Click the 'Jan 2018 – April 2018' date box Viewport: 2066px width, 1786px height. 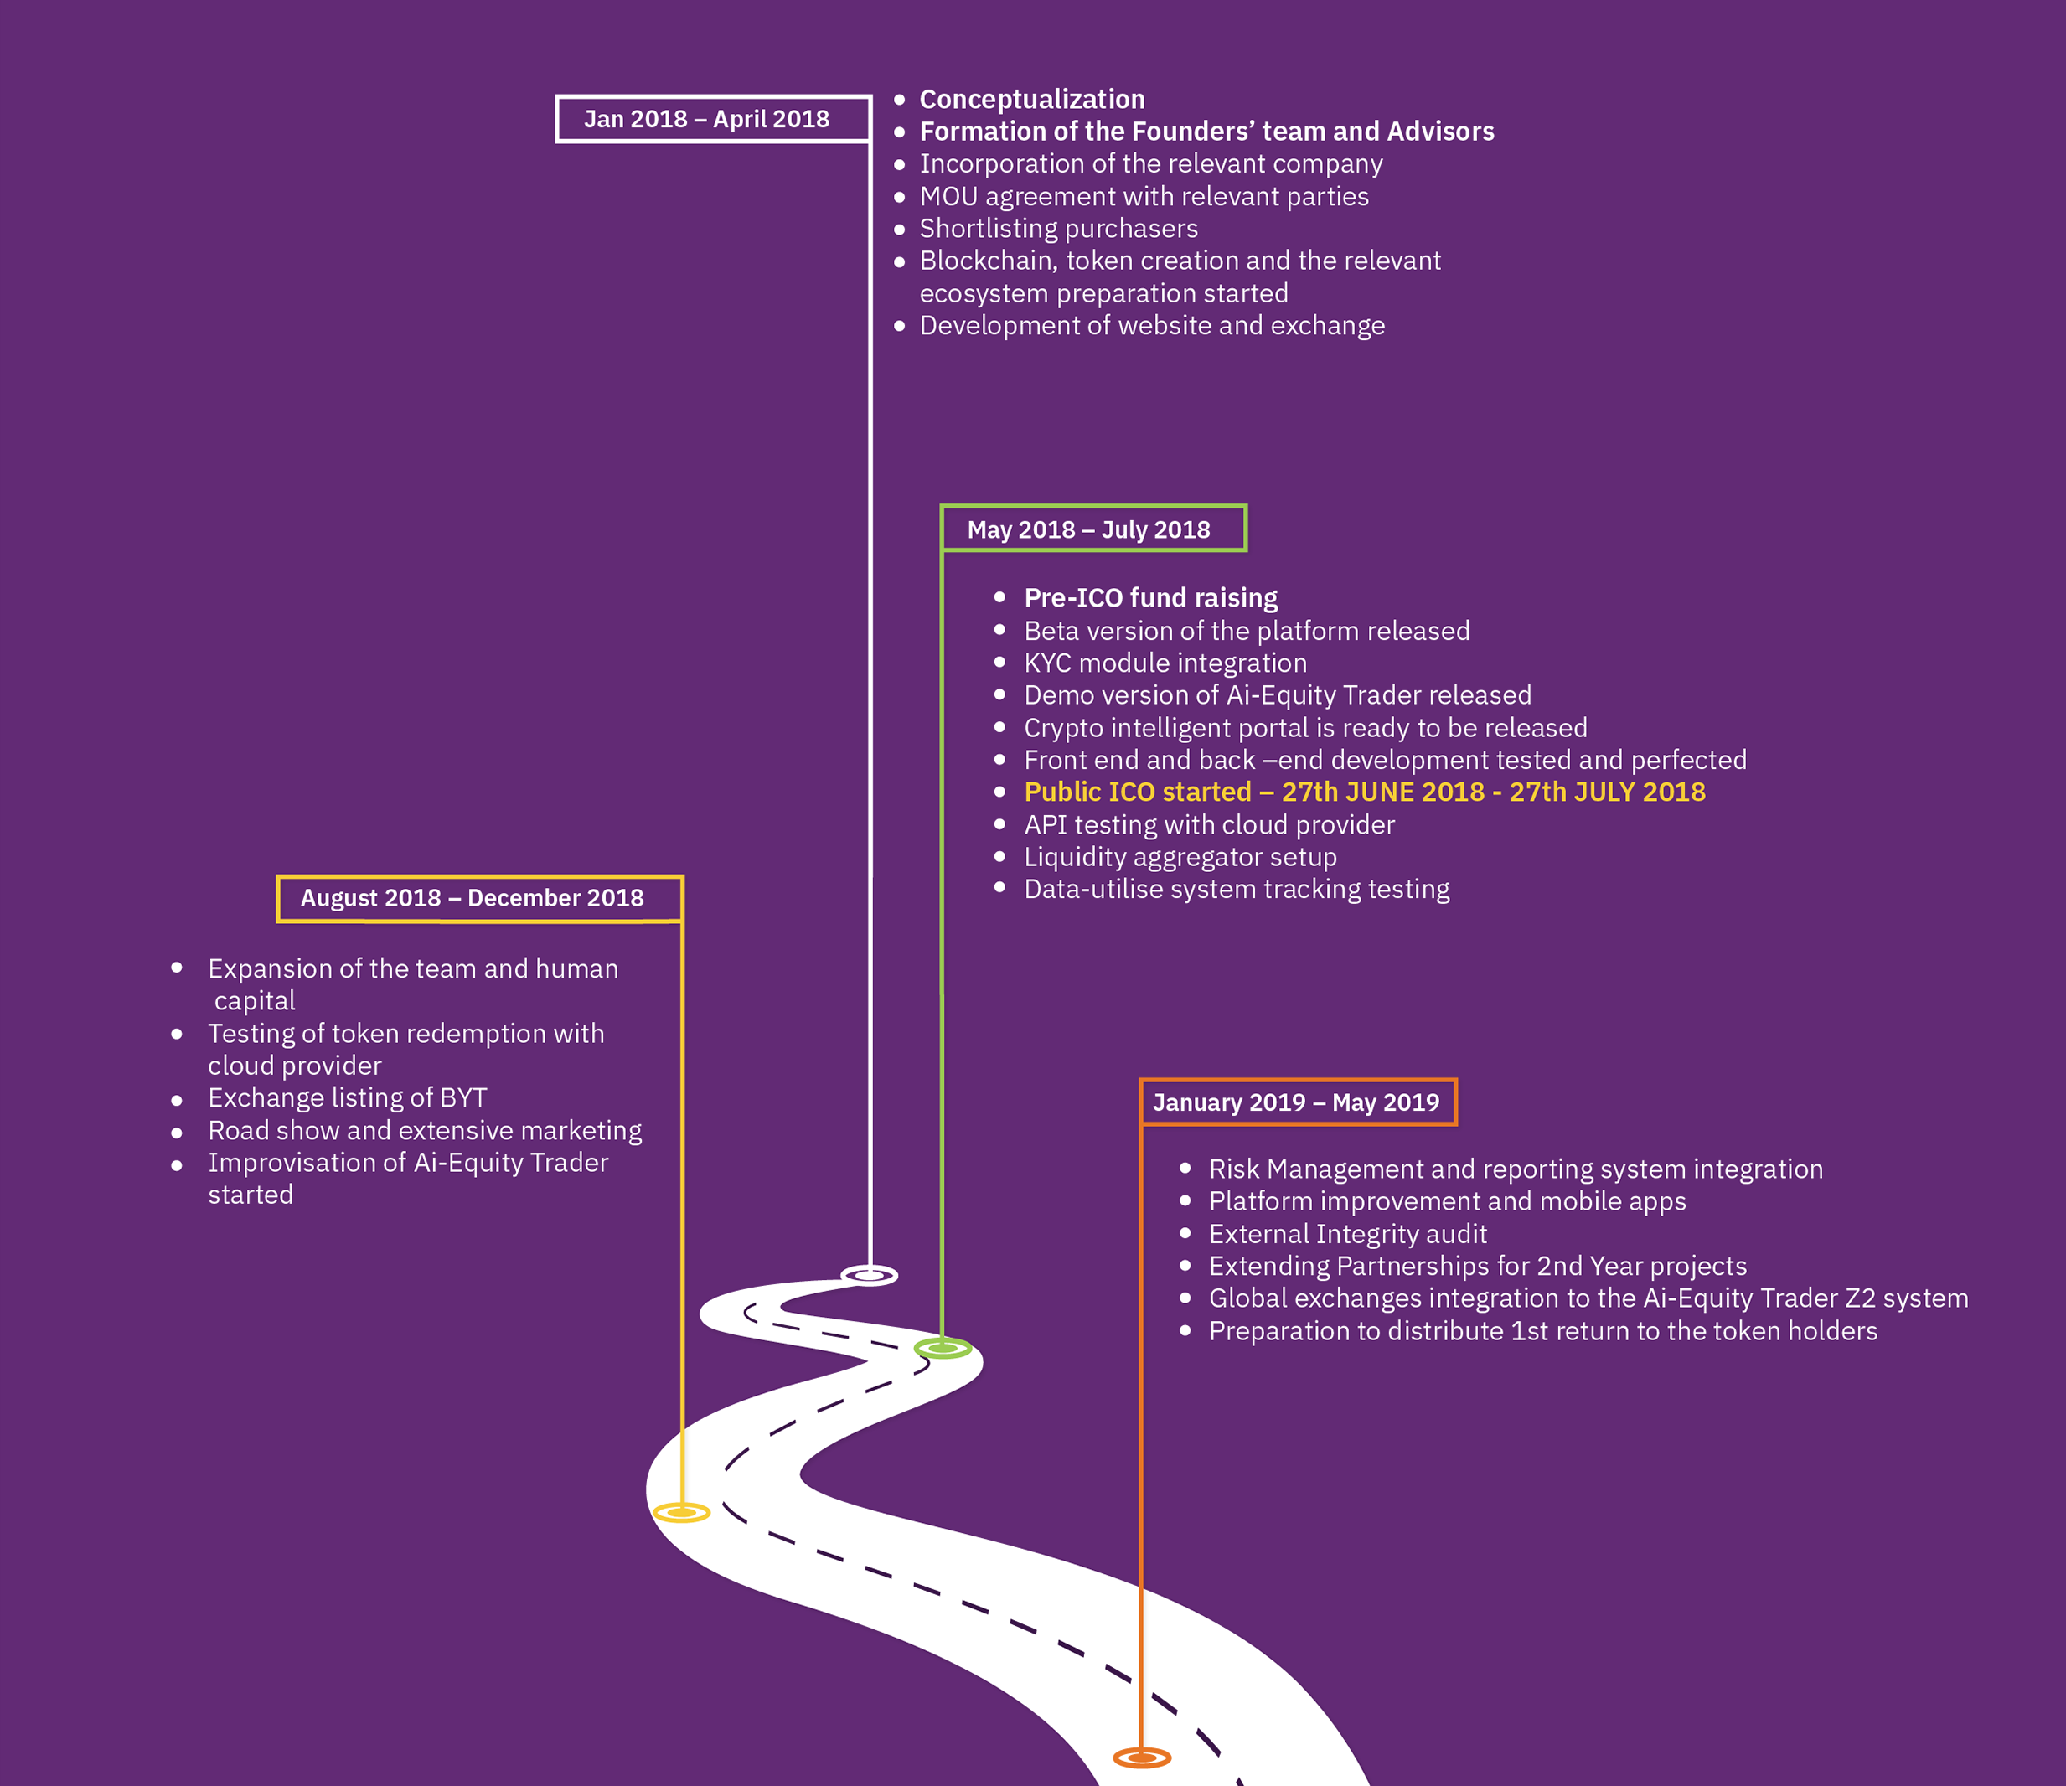tap(712, 120)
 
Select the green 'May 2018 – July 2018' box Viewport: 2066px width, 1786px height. tap(1092, 529)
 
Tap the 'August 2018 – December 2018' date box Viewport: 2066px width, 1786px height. tap(478, 899)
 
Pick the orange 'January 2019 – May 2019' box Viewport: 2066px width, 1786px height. tap(1297, 1102)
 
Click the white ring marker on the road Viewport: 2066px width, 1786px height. tap(870, 1274)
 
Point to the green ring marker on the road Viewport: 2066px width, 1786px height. tap(943, 1348)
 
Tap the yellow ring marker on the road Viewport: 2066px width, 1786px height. tap(682, 1513)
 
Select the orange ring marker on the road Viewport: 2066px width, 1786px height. tap(1142, 1757)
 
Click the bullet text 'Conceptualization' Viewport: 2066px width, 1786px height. tap(1032, 100)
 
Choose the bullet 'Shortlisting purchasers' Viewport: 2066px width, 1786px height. tap(1058, 229)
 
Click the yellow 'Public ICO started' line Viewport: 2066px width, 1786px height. tap(1364, 792)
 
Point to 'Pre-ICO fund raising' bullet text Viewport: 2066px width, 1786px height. tap(1150, 597)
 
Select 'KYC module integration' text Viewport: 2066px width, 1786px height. tap(1165, 663)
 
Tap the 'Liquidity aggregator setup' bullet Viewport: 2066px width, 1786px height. tap(1180, 857)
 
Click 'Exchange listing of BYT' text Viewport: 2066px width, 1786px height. tap(347, 1098)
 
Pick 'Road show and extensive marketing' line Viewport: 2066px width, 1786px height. tap(425, 1130)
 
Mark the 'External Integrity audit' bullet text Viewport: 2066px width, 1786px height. tap(1347, 1234)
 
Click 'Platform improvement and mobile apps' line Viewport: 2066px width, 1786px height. tap(1447, 1200)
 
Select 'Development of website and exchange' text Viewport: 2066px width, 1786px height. tap(1152, 325)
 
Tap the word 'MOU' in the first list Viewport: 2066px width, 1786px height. tap(948, 197)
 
